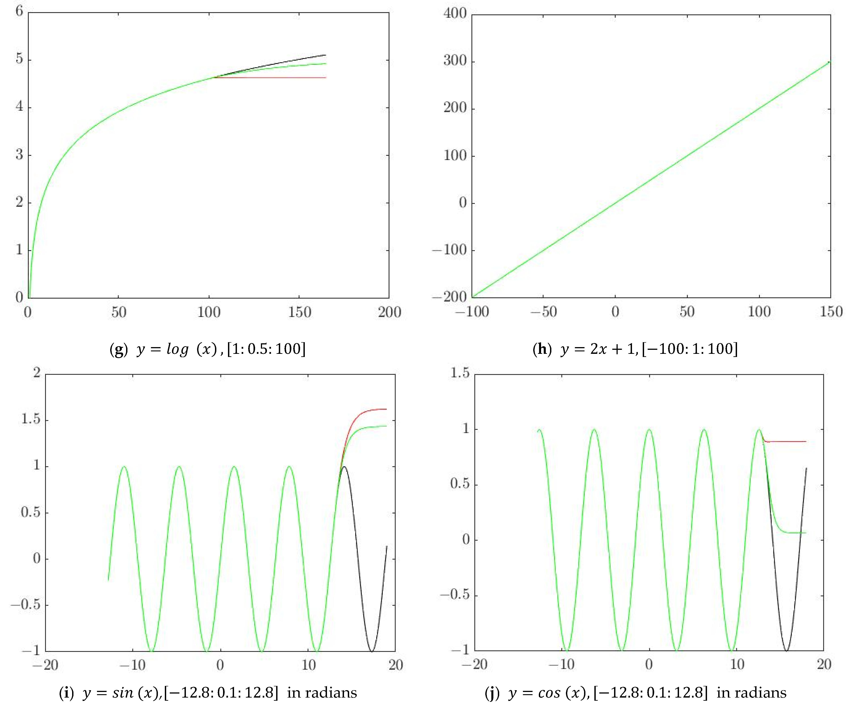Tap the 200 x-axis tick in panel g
click(x=389, y=312)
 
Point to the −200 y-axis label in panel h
click(x=449, y=297)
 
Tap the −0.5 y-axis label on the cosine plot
click(x=455, y=594)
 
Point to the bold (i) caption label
click(x=66, y=693)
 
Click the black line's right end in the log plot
click(x=326, y=55)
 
